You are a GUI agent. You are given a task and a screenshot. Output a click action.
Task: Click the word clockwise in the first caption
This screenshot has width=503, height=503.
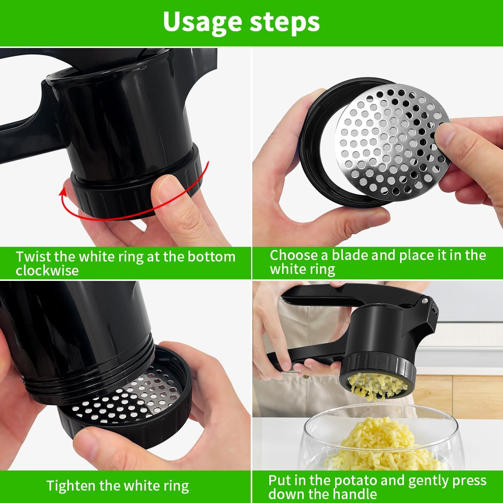point(47,270)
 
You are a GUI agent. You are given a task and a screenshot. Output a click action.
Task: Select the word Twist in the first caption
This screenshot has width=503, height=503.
point(33,257)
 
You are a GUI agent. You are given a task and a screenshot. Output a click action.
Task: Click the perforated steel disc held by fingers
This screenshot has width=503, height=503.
point(391,139)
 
